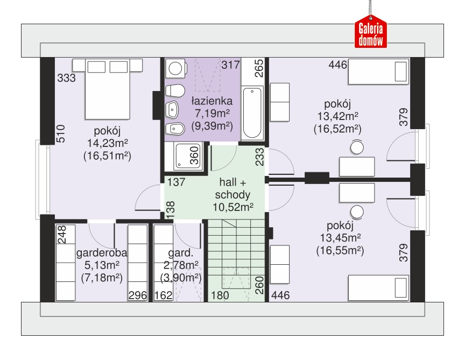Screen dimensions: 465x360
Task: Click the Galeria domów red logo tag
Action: pos(371,32)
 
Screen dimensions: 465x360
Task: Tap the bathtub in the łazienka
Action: pos(252,113)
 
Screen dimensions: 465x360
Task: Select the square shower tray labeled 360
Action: pos(188,156)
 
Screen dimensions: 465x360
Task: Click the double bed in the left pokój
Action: pos(107,89)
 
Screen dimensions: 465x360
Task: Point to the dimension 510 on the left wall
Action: pos(60,134)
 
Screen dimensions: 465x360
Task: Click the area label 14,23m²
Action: pos(107,143)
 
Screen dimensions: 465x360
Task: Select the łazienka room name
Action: pos(212,101)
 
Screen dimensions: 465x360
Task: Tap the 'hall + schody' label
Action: pos(233,188)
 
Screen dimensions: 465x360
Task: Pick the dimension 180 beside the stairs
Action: pos(220,295)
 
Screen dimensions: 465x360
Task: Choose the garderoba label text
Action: pos(102,253)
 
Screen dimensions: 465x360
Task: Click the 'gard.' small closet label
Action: pos(181,253)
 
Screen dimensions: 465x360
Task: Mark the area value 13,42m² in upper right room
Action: pos(338,116)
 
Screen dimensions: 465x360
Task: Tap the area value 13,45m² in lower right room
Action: pos(340,238)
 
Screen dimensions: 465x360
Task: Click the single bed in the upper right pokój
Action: pos(379,72)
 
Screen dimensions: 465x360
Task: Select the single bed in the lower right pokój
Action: pos(379,288)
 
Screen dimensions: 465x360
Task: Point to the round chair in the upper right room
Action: pos(357,147)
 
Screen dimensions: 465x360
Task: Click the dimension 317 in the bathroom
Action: pos(230,65)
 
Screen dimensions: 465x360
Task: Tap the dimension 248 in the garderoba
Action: pos(62,235)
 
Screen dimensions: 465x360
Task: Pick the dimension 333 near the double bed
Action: pos(66,78)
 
